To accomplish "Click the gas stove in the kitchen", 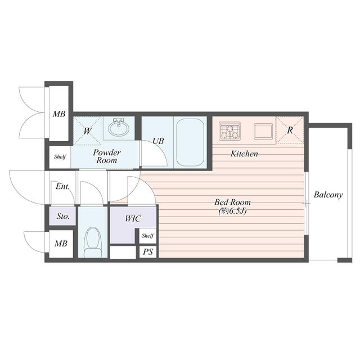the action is click(x=229, y=131).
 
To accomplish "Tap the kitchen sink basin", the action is click(x=263, y=131).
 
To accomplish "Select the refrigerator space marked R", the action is click(x=290, y=130).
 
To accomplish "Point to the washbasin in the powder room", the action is click(x=119, y=127).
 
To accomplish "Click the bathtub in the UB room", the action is click(x=190, y=142).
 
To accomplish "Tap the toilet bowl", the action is click(x=93, y=242).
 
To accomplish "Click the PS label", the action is click(x=148, y=252).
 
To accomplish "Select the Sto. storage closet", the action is click(x=62, y=216).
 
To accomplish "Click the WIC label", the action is click(x=133, y=219).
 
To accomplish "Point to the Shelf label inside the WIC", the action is click(x=147, y=236).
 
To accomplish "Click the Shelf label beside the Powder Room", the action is click(x=60, y=157).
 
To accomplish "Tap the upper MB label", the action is click(x=59, y=114).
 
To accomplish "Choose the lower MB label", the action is click(x=61, y=244).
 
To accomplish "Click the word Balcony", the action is click(x=328, y=195).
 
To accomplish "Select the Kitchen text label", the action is click(x=244, y=154).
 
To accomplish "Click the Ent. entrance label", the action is click(x=62, y=186).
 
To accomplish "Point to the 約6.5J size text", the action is click(x=232, y=211).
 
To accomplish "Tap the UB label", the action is click(x=158, y=141).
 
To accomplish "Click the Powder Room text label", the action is click(x=107, y=156).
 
